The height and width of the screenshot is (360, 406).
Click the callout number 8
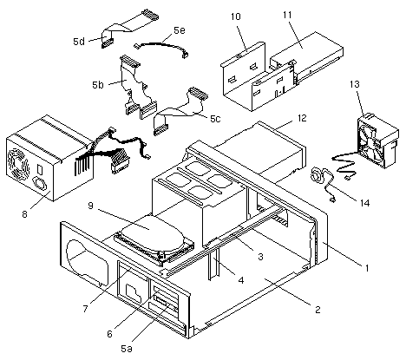pyautogui.click(x=25, y=214)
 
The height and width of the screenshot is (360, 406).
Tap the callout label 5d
pyautogui.click(x=79, y=42)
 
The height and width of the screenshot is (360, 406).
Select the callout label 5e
pyautogui.click(x=180, y=30)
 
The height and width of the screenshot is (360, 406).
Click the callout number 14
pyautogui.click(x=365, y=203)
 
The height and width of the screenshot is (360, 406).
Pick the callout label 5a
pyautogui.click(x=127, y=349)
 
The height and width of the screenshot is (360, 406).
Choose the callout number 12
pyautogui.click(x=302, y=118)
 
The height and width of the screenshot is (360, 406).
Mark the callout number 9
pyautogui.click(x=90, y=206)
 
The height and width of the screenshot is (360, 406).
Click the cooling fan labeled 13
pyautogui.click(x=377, y=141)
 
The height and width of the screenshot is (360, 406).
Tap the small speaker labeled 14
pyautogui.click(x=318, y=175)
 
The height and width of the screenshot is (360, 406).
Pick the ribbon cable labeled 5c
pyautogui.click(x=180, y=111)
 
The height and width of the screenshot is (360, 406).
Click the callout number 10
pyautogui.click(x=236, y=16)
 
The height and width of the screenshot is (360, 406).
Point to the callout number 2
pyautogui.click(x=318, y=310)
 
